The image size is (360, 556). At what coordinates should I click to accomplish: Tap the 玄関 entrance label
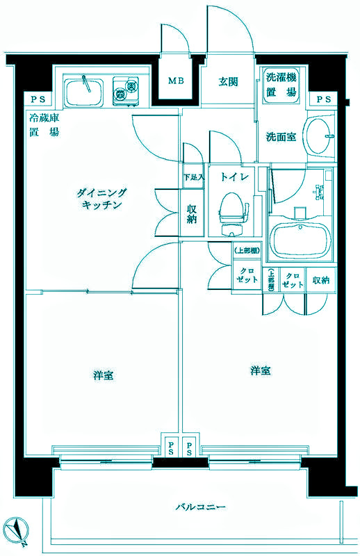(x=229, y=81)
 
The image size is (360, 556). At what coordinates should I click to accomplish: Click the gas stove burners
(x=126, y=88)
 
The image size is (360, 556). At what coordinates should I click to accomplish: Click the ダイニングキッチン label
(x=101, y=198)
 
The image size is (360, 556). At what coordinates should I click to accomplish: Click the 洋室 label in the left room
(x=104, y=375)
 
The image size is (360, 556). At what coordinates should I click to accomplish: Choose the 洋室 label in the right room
(x=261, y=370)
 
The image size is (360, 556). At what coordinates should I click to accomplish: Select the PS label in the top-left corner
(x=33, y=99)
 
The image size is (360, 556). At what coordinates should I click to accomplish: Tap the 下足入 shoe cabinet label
(x=194, y=177)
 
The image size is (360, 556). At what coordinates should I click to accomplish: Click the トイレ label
(x=231, y=177)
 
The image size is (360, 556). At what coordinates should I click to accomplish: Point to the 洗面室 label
(x=281, y=137)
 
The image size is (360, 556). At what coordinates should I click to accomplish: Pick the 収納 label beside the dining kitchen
(x=193, y=213)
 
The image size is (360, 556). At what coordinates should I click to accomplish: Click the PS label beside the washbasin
(x=325, y=99)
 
